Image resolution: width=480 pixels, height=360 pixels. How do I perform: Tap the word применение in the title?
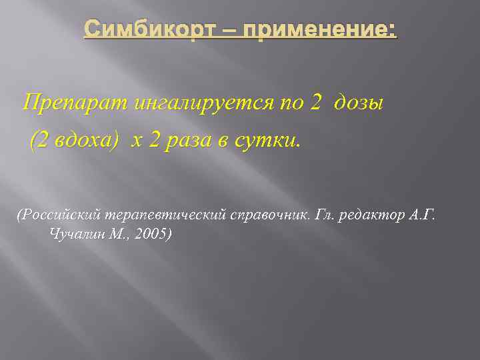(x=306, y=31)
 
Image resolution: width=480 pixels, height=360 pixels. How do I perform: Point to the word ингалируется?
(x=197, y=103)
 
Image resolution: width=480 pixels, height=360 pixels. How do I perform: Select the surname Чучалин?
(x=75, y=234)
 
